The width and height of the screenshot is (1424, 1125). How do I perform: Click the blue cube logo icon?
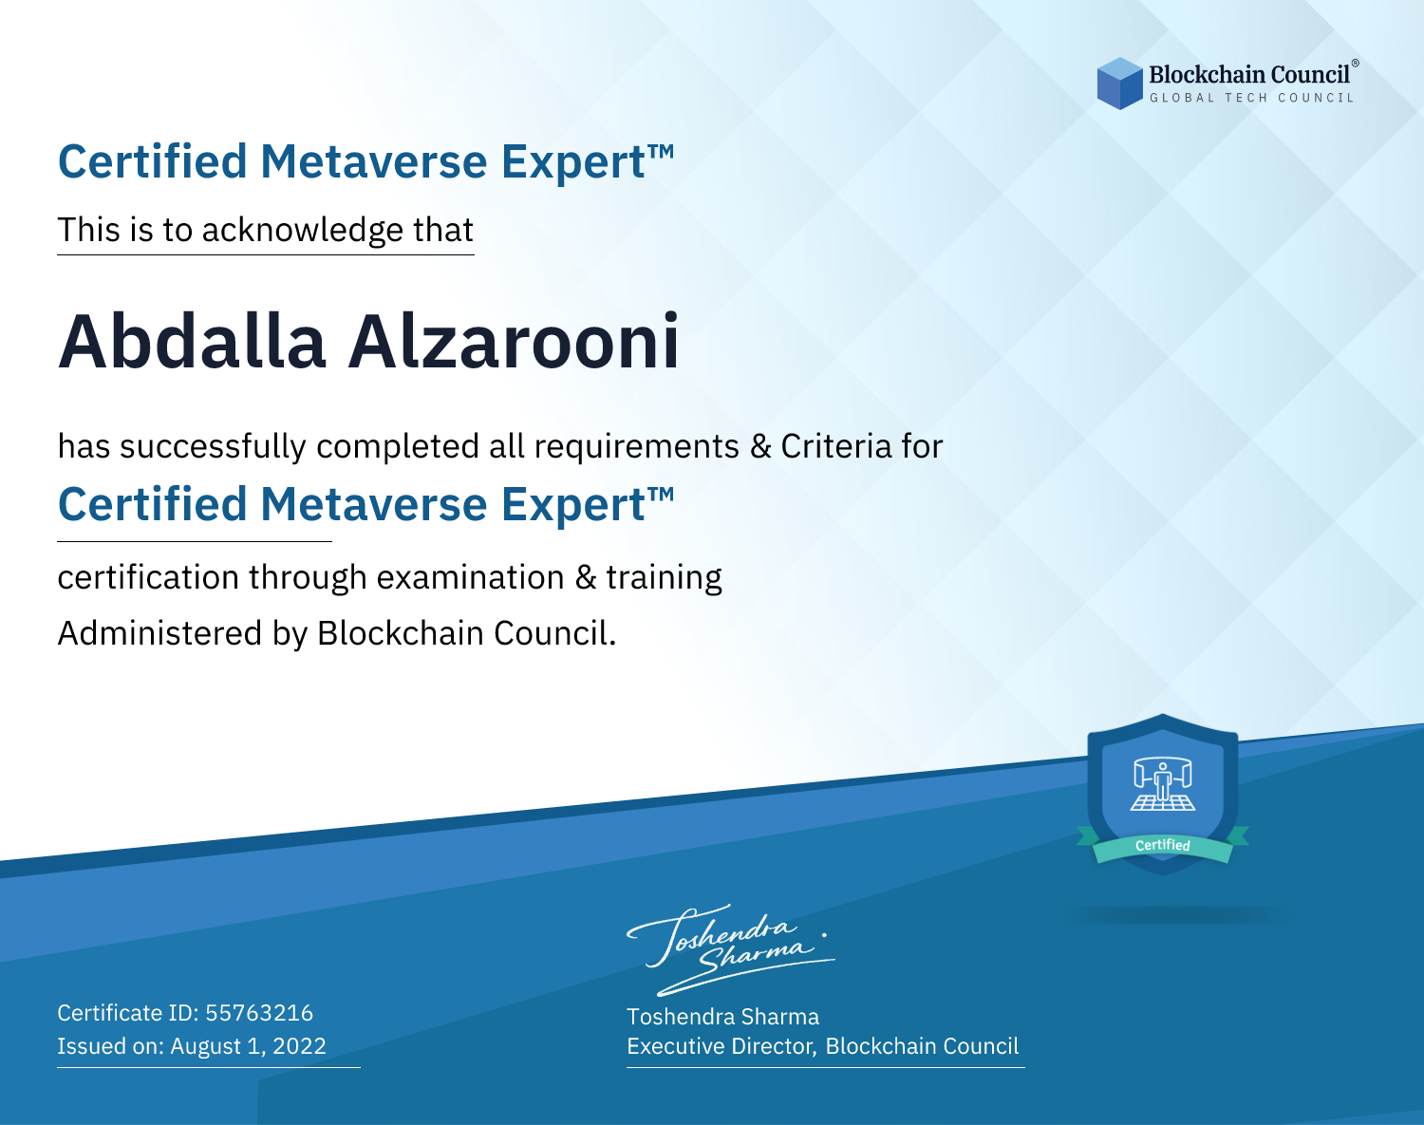[1119, 84]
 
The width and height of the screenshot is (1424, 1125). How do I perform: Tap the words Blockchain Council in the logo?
[1249, 74]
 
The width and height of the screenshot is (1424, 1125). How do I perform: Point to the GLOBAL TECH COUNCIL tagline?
[1251, 98]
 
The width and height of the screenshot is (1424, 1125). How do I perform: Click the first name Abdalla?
[192, 342]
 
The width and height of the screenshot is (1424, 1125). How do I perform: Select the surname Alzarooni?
[514, 342]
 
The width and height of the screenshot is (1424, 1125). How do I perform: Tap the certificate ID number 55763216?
[259, 1012]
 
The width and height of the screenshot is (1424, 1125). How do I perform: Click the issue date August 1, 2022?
[248, 1045]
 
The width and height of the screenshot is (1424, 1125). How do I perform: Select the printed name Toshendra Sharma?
[722, 1017]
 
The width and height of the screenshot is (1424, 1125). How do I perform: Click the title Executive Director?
[720, 1046]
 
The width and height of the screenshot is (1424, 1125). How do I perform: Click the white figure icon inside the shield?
[1163, 784]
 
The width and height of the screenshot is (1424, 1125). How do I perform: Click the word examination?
[470, 577]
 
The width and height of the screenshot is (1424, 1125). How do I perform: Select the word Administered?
[159, 633]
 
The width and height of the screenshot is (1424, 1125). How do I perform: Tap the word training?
[664, 578]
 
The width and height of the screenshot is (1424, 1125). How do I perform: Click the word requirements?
[637, 447]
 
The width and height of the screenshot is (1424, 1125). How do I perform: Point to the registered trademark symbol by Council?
[1356, 63]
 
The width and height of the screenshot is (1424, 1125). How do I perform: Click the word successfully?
[213, 447]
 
